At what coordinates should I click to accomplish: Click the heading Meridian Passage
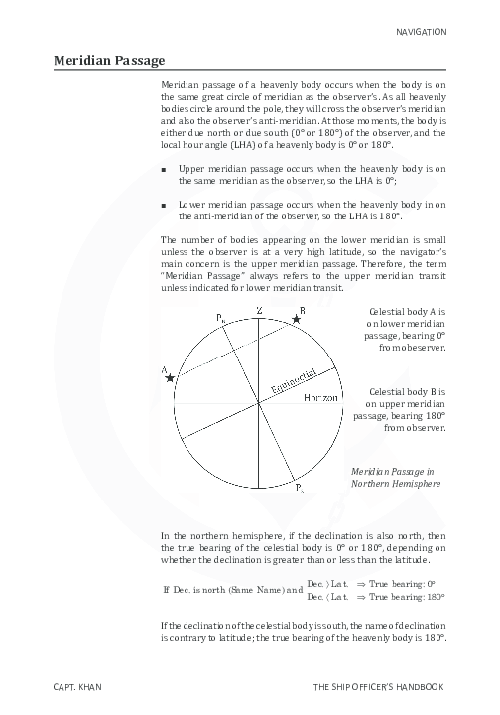click(x=109, y=61)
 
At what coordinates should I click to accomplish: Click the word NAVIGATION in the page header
click(x=422, y=32)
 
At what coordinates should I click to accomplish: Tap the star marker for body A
click(x=171, y=378)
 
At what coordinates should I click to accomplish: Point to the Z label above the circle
click(x=259, y=312)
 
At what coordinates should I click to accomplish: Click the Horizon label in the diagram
click(x=321, y=397)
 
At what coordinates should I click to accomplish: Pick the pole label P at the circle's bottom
click(x=299, y=489)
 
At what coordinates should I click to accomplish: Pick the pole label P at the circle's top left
click(x=220, y=317)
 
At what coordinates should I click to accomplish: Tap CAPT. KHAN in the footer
click(x=79, y=686)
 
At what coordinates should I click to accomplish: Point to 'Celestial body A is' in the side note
click(x=407, y=311)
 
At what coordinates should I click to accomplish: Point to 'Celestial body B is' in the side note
click(x=407, y=391)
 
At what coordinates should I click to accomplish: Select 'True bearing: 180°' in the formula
click(x=408, y=597)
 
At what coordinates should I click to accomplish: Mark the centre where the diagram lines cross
click(x=259, y=402)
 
